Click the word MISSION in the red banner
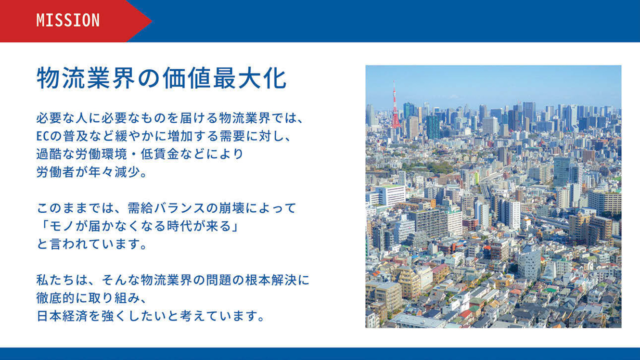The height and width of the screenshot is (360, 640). pos(68,21)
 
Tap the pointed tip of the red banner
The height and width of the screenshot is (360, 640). pos(152,21)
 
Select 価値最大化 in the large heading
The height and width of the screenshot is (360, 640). pos(225,78)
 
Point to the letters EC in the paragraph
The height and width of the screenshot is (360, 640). pos(43,136)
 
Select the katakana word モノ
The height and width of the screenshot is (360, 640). pos(62,226)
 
